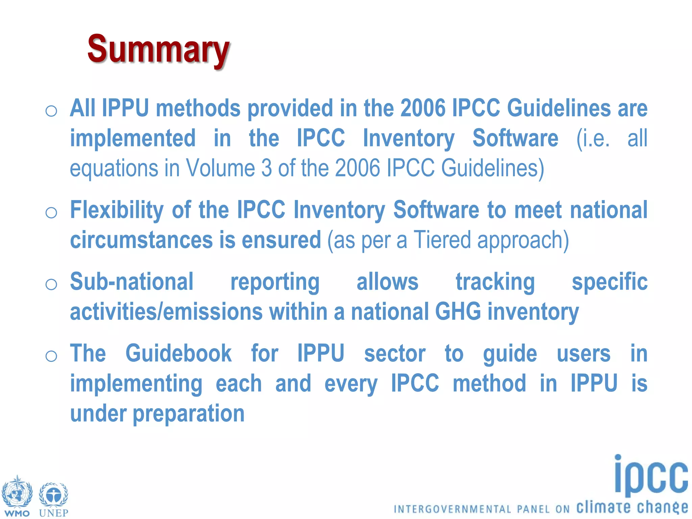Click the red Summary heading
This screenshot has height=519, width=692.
click(158, 50)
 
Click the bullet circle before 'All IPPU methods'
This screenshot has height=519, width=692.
click(51, 111)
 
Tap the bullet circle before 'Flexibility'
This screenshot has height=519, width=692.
click(51, 213)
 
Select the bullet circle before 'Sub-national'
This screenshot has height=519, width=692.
click(51, 284)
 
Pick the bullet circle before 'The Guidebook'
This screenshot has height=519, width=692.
click(51, 356)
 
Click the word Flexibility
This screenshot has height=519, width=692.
click(117, 210)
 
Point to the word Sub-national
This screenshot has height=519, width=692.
click(131, 282)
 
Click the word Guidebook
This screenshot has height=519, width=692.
click(178, 353)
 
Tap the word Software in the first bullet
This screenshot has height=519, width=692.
click(515, 138)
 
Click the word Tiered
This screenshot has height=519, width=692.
click(442, 240)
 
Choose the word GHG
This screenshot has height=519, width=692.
click(458, 312)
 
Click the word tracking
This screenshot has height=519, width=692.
click(495, 282)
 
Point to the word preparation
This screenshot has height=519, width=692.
click(189, 414)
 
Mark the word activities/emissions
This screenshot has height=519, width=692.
click(166, 312)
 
